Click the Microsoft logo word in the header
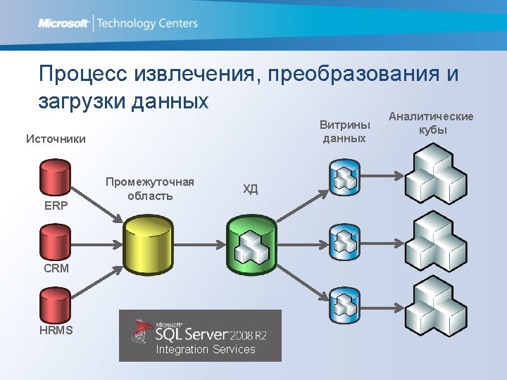[63, 23]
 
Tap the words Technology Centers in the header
[147, 23]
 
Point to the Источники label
[56, 139]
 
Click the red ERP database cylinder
[56, 179]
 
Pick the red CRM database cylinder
[56, 243]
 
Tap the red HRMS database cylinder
[56, 304]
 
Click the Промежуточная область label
[150, 189]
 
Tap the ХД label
[250, 189]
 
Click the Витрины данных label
[344, 132]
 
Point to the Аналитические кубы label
[431, 123]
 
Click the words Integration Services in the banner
[205, 350]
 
